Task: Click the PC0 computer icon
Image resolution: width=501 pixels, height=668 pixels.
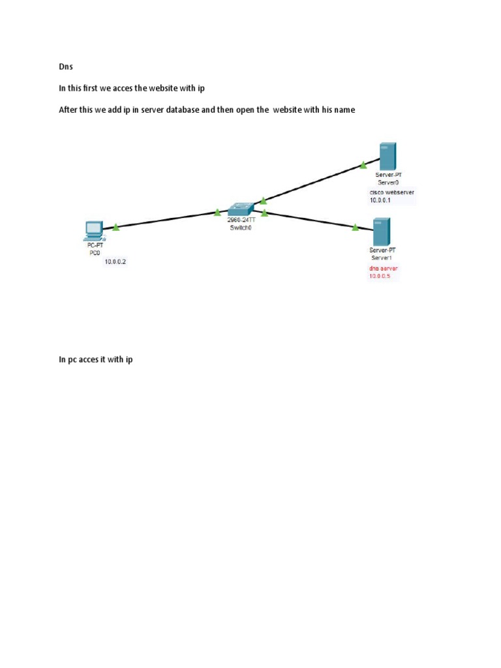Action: [x=94, y=231]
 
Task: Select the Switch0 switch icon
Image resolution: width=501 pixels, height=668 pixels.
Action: [x=241, y=209]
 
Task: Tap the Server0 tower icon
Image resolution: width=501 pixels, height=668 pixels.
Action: [x=387, y=157]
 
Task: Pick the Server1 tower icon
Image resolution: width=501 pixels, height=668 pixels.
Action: [x=382, y=232]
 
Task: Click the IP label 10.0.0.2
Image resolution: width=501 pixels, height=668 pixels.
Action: [x=115, y=262]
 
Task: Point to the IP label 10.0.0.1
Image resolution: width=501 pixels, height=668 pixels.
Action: [x=380, y=200]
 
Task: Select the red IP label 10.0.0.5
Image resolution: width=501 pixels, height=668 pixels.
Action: [x=380, y=276]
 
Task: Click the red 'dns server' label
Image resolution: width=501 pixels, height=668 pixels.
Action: [x=384, y=268]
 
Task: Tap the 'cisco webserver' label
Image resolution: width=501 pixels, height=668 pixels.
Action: [x=392, y=192]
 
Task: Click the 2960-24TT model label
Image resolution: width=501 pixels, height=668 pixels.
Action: [x=241, y=220]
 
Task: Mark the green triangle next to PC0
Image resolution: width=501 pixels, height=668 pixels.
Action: [x=116, y=227]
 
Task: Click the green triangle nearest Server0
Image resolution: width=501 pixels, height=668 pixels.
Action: [x=363, y=165]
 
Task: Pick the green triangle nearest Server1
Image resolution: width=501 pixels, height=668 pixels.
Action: [x=356, y=228]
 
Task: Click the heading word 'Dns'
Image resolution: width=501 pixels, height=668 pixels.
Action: [x=66, y=67]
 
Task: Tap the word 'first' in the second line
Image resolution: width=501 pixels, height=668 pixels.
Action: [x=90, y=88]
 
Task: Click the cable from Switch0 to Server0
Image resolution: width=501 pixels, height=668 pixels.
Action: [x=316, y=181]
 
